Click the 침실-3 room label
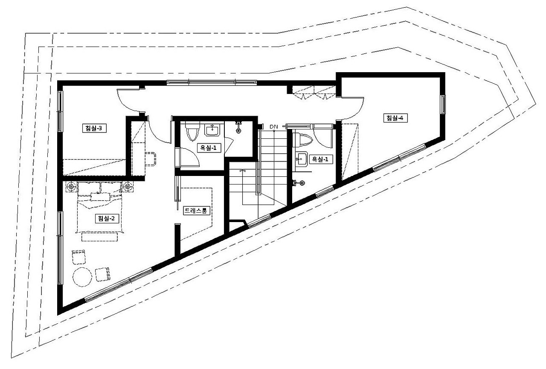point(94,128)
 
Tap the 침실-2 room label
point(107,218)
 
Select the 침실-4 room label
point(395,118)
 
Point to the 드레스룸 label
point(197,211)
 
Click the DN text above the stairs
point(274,127)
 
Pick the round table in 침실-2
point(82,277)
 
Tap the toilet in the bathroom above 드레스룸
point(192,131)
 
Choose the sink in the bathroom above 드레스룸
point(212,129)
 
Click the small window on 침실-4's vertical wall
point(443,105)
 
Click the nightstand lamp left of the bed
point(71,187)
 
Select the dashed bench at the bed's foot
point(99,237)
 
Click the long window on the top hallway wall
point(212,82)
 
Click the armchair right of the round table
point(102,275)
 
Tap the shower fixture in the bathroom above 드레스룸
point(238,127)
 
